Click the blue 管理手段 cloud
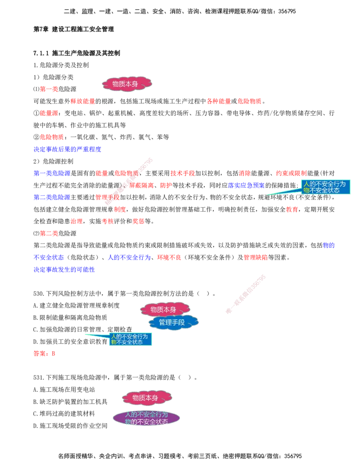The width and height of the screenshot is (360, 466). [172, 322]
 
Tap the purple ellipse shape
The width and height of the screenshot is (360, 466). [146, 418]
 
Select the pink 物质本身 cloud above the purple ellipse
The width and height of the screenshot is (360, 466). [147, 398]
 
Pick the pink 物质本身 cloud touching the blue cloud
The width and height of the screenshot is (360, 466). [165, 309]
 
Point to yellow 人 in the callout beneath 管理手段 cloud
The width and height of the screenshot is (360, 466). [113, 336]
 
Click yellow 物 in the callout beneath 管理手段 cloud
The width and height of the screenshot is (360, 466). [113, 342]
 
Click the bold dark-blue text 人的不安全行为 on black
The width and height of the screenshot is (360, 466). [129, 258]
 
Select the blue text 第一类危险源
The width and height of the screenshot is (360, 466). [52, 173]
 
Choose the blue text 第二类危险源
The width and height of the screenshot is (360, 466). [52, 197]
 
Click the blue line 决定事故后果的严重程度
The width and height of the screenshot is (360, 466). [68, 149]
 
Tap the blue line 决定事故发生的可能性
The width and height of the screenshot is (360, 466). [64, 270]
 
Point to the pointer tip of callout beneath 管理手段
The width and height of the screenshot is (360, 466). [84, 334]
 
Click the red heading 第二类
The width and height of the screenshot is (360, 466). [49, 234]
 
